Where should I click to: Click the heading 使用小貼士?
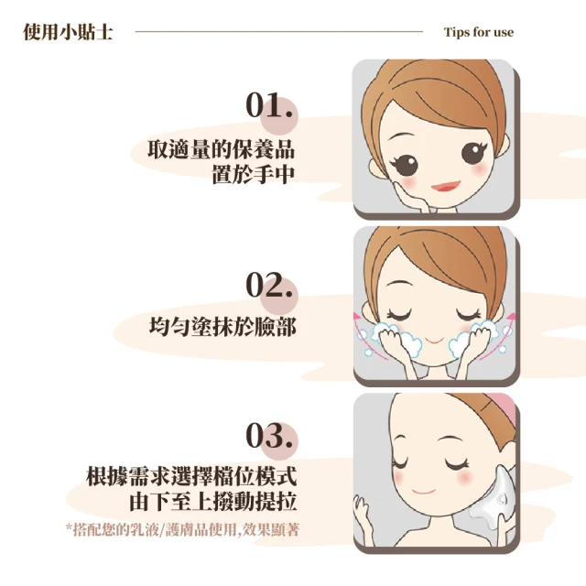[x=68, y=32]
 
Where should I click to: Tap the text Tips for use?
[x=479, y=32]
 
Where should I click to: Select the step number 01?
[x=268, y=105]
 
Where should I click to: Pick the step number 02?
[x=268, y=285]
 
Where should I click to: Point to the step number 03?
[x=268, y=436]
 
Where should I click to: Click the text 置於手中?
[x=254, y=174]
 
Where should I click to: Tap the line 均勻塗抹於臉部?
[x=222, y=327]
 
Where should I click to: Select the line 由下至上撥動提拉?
[x=213, y=501]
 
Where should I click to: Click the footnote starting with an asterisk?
[x=182, y=529]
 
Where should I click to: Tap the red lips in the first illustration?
[x=446, y=186]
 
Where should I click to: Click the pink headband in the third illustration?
[x=497, y=408]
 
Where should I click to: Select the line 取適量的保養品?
[x=222, y=149]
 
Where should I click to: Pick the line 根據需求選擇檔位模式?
[x=191, y=476]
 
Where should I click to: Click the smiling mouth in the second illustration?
[x=434, y=341]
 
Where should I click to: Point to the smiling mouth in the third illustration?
[x=423, y=491]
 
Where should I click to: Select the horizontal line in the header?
[x=278, y=32]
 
